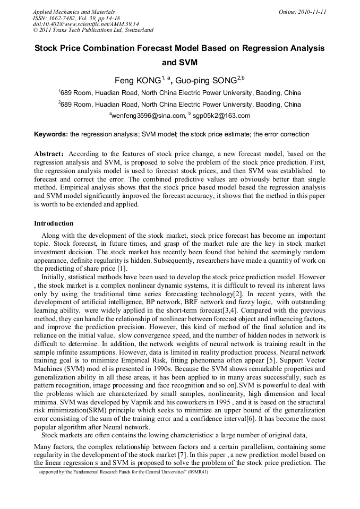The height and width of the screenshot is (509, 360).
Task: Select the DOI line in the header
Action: (85, 24)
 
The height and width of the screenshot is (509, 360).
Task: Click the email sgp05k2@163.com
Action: (221, 115)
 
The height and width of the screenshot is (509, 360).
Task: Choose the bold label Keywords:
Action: (51, 134)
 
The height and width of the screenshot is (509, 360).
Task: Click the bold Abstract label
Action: (49, 153)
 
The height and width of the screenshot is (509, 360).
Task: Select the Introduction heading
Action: (54, 223)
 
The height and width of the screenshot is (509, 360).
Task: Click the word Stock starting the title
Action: (46, 48)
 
